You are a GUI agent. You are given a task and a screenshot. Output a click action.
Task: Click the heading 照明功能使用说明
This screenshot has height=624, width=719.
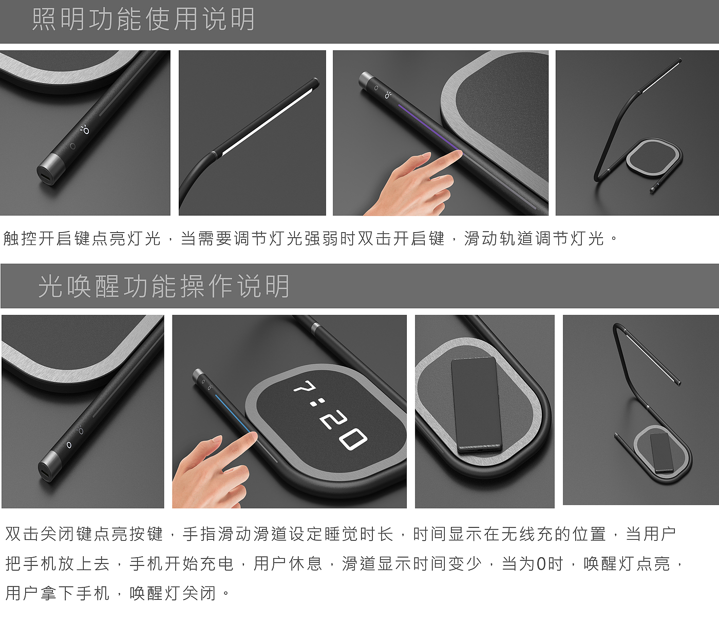[x=143, y=20]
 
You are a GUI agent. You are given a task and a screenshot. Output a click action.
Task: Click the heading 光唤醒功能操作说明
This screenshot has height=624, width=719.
[x=164, y=287]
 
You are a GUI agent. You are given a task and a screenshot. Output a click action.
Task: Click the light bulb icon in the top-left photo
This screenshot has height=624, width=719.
[x=85, y=130]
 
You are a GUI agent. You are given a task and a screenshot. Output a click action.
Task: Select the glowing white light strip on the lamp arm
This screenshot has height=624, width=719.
[x=267, y=122]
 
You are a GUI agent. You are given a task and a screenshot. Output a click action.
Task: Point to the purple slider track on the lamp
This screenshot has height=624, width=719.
[x=429, y=128]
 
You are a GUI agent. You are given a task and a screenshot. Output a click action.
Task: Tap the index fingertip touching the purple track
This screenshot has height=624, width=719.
[x=458, y=154]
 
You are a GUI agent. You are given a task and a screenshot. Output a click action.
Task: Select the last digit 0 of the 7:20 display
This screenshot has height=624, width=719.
[x=354, y=440]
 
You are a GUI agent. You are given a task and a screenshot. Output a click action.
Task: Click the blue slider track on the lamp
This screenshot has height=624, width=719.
[x=233, y=413]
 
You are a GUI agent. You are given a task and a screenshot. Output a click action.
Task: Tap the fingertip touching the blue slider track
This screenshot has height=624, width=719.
[x=252, y=436]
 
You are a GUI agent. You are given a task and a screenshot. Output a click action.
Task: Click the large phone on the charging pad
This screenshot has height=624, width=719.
[x=476, y=405]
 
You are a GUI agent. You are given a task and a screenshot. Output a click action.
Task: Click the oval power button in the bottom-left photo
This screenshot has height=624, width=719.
[x=69, y=445]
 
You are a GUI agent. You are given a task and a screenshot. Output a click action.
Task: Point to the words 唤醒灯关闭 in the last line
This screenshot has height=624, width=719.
[x=173, y=593]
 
